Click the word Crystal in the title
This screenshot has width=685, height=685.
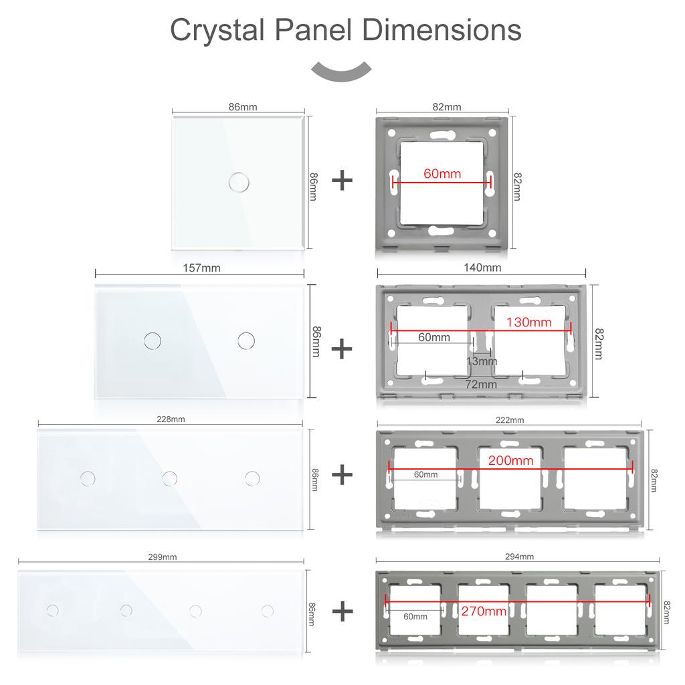pyautogui.click(x=217, y=30)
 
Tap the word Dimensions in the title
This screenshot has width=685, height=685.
pyautogui.click(x=442, y=29)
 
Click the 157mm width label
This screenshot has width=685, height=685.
pyautogui.click(x=201, y=268)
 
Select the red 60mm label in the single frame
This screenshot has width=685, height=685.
pyautogui.click(x=442, y=173)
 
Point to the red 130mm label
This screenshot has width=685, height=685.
pyautogui.click(x=528, y=322)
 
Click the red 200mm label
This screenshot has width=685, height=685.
pyautogui.click(x=510, y=460)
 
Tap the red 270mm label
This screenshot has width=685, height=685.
pyautogui.click(x=484, y=611)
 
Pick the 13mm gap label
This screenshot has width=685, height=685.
pyautogui.click(x=482, y=361)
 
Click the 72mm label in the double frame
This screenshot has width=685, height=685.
pyautogui.click(x=481, y=385)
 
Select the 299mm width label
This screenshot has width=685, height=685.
pyautogui.click(x=162, y=557)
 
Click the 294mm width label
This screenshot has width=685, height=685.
pyautogui.click(x=519, y=557)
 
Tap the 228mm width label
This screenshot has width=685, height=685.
pyautogui.click(x=171, y=419)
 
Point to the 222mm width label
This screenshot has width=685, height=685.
pyautogui.click(x=510, y=420)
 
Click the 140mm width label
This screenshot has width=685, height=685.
pyautogui.click(x=482, y=268)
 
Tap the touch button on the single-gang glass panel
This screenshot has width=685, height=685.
pyautogui.click(x=239, y=182)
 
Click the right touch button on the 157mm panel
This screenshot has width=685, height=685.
pyautogui.click(x=246, y=340)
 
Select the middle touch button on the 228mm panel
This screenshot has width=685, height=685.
pyautogui.click(x=169, y=478)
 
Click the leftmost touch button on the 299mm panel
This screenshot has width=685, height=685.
pyautogui.click(x=52, y=610)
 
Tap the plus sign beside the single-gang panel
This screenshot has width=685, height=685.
pyautogui.click(x=342, y=181)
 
